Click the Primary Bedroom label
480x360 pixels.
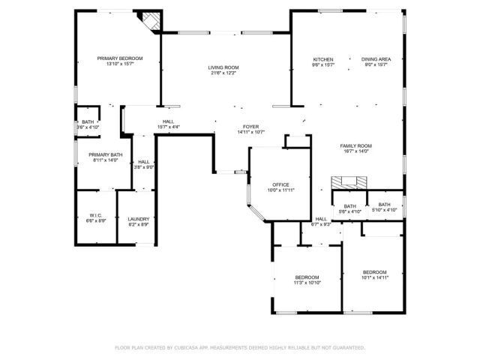tap(119, 58)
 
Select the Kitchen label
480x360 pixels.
tap(323, 59)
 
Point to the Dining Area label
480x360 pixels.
tap(374, 59)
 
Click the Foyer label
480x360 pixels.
tap(250, 127)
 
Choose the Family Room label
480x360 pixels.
tap(356, 145)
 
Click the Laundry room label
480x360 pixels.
tap(139, 219)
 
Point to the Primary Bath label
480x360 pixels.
tap(106, 154)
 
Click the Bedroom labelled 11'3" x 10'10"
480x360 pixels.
tap(307, 277)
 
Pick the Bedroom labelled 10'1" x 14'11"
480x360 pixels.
tap(374, 271)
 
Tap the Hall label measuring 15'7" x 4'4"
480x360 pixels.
tap(169, 122)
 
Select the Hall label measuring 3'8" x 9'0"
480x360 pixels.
tap(143, 162)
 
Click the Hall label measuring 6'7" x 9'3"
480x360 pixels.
tap(321, 219)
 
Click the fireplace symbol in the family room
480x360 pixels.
tap(350, 181)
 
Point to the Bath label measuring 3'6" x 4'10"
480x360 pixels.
tap(88, 122)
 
